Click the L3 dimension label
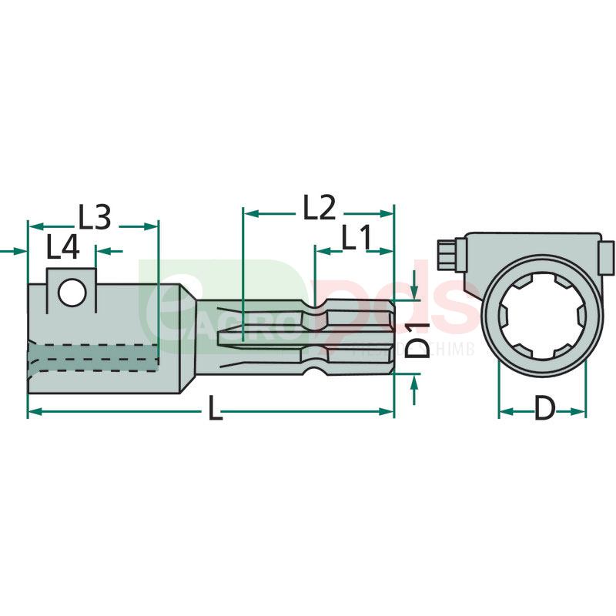pyautogui.click(x=95, y=217)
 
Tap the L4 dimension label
pyautogui.click(x=62, y=248)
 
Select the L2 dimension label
pyautogui.click(x=319, y=208)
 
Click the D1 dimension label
pyautogui.click(x=417, y=336)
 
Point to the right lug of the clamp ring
pyautogui.click(x=607, y=257)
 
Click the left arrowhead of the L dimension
pyautogui.click(x=33, y=413)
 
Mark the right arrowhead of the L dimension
pyautogui.click(x=389, y=413)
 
